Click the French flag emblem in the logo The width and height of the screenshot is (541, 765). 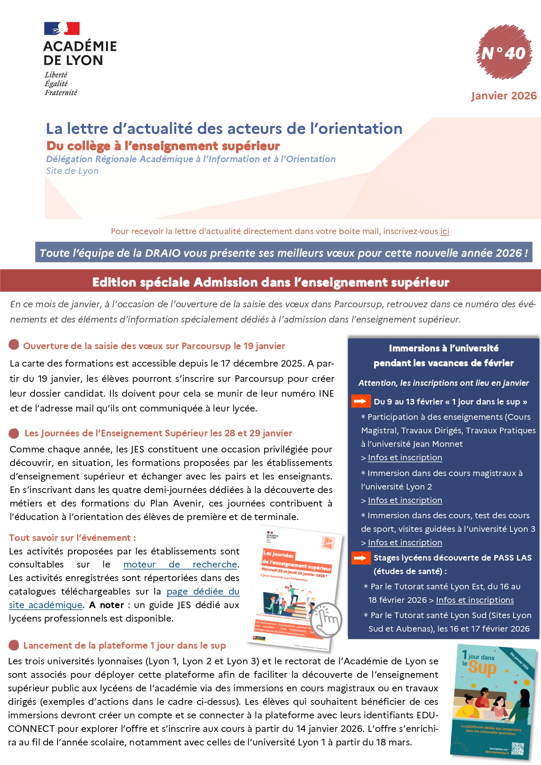coord(61,29)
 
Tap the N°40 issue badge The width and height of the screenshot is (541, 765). coord(504,53)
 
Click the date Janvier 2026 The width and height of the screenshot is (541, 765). coord(504,96)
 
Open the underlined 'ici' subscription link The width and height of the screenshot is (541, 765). coord(445,231)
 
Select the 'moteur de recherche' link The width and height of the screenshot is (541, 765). coord(180,564)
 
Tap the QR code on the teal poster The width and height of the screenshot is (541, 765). coord(517,748)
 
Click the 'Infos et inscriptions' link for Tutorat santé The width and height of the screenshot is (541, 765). coord(475,600)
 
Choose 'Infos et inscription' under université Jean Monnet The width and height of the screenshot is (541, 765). coord(405,458)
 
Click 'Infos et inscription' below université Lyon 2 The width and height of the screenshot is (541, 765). coord(405,500)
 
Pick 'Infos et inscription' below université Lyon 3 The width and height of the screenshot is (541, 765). coord(405,543)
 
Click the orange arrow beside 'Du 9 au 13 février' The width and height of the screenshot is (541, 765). coord(361,401)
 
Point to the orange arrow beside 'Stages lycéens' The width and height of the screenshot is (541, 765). coord(361,558)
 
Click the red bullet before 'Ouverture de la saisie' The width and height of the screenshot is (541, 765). coord(14,345)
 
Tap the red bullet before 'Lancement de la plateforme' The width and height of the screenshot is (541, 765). coord(14,645)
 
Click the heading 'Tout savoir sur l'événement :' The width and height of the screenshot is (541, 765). coord(72,538)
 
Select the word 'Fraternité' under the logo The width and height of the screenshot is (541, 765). coord(61,92)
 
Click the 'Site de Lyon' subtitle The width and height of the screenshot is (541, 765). coord(72,171)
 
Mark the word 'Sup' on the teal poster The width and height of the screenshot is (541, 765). coord(483,668)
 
